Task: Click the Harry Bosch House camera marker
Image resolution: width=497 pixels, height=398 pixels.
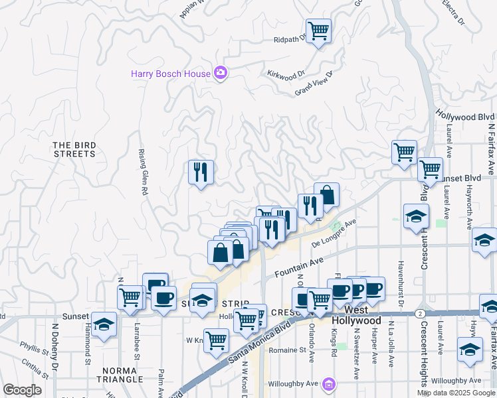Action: click(221, 74)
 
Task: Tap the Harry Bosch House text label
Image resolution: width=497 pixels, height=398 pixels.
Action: click(171, 74)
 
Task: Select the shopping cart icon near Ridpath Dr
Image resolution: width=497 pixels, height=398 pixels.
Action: click(319, 31)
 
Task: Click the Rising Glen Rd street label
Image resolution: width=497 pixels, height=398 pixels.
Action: click(143, 171)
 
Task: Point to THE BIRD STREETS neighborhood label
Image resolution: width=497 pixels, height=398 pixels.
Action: click(74, 149)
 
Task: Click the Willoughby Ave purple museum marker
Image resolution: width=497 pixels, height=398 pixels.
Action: click(328, 384)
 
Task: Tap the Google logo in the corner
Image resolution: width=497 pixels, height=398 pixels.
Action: click(22, 389)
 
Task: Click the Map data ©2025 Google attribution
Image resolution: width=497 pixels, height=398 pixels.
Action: click(456, 393)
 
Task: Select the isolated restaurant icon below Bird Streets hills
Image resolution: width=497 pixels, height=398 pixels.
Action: click(200, 173)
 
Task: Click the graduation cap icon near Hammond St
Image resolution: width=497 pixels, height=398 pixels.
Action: click(104, 326)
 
